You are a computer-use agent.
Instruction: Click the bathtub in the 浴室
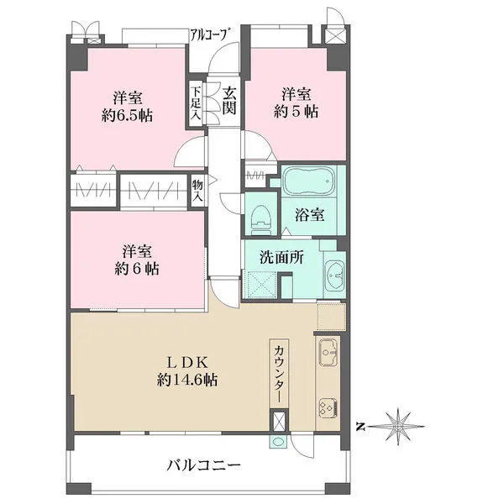click(x=308, y=181)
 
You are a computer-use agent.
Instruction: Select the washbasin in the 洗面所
click(x=335, y=276)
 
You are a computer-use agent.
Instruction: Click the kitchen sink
click(x=328, y=352)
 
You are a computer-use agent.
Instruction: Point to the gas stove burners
click(x=328, y=408)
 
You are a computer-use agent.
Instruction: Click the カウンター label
click(x=279, y=373)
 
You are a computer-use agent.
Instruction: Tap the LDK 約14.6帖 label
click(x=187, y=371)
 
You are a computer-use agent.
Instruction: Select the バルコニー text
click(x=203, y=465)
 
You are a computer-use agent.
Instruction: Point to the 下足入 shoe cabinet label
click(x=195, y=103)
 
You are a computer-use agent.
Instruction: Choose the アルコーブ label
click(x=211, y=34)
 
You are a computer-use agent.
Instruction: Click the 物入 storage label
click(x=197, y=191)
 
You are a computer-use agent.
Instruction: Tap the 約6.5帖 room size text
click(x=127, y=115)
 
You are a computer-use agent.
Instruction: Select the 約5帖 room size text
click(x=296, y=112)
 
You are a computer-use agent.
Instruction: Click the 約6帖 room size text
click(x=137, y=269)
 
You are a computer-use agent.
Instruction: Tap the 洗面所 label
click(x=281, y=257)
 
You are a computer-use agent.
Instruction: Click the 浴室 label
click(x=309, y=215)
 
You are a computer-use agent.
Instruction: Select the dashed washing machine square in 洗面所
click(x=261, y=285)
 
